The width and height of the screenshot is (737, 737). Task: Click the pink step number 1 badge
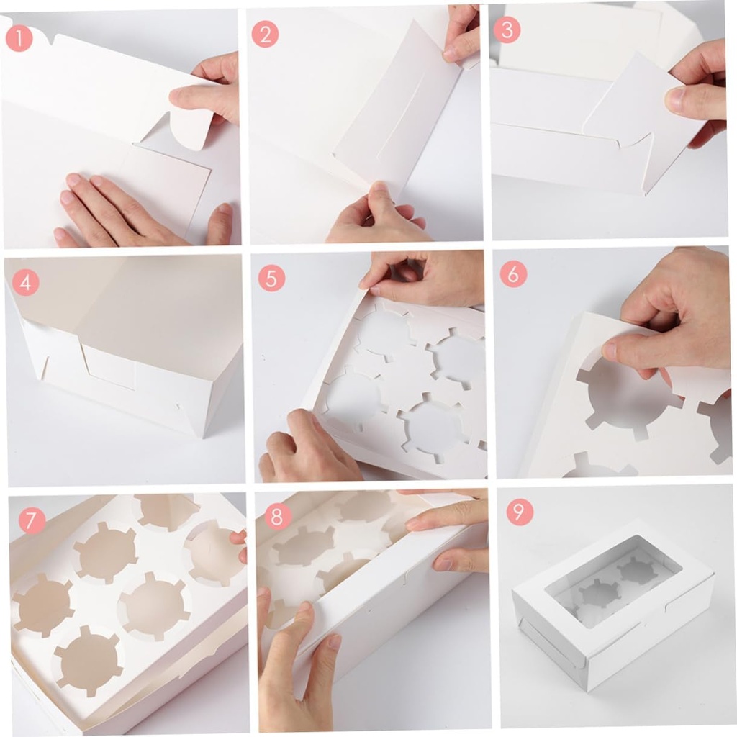(19, 37)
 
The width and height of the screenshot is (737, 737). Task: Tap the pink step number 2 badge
(265, 34)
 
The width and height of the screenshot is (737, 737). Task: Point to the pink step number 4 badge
(25, 283)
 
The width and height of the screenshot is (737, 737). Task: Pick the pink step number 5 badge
(271, 277)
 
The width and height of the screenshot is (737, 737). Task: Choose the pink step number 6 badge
(513, 274)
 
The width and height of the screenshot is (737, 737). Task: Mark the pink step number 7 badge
(31, 520)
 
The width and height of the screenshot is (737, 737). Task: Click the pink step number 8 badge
(277, 516)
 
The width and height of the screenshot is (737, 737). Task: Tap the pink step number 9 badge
(519, 512)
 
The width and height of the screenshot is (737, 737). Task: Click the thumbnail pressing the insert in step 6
(610, 351)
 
